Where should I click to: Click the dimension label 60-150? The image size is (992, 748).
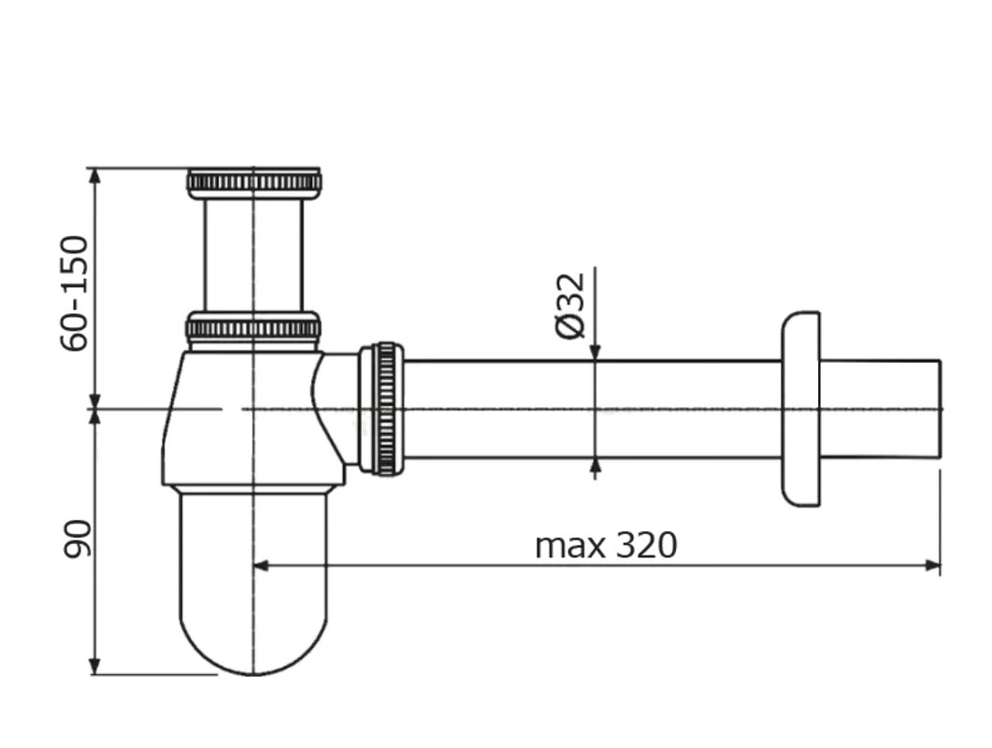coord(74,293)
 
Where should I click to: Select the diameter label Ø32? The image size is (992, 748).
coord(569,307)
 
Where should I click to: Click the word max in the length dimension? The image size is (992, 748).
coord(569,546)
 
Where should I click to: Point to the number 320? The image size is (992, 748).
coord(646,545)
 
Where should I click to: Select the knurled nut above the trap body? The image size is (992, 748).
coord(253,328)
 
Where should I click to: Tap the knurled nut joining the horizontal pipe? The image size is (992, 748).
coord(381,409)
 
